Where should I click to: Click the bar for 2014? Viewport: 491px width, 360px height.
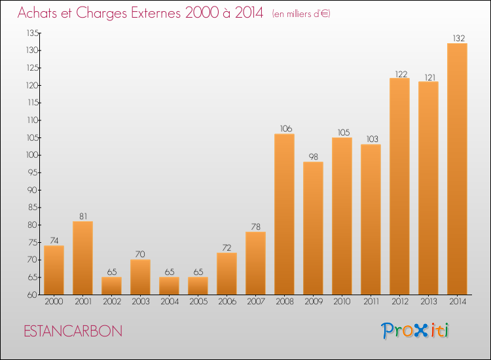coord(457,169)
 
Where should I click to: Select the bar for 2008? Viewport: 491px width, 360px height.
coord(284,214)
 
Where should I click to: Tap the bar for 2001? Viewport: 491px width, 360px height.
coord(82,258)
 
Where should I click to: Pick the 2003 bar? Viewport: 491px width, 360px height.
coord(140,277)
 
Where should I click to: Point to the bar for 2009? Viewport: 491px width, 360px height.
coord(313,228)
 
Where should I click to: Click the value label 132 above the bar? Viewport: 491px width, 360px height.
coord(459,38)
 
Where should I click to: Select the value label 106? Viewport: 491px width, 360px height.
coord(286,129)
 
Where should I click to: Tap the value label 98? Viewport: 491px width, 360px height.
coord(314,156)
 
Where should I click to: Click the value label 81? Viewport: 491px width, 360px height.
coord(83,216)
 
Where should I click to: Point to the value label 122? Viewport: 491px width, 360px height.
coord(401,74)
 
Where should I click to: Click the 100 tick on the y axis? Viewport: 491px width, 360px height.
coord(32,155)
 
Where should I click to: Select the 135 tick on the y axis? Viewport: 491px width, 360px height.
coord(33,33)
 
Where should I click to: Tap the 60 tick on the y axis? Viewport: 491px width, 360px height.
coord(32,295)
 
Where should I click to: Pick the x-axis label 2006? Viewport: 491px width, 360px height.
coord(227,302)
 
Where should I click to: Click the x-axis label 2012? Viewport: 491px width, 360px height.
coord(400,302)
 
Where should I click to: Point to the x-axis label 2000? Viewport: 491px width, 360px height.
coord(54,302)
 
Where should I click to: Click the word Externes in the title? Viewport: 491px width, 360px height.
coord(156,13)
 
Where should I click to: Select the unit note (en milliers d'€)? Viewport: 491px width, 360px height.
coord(301,14)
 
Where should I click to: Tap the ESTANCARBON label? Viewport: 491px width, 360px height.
coord(73,331)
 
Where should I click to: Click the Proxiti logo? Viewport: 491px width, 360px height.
coord(415,331)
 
